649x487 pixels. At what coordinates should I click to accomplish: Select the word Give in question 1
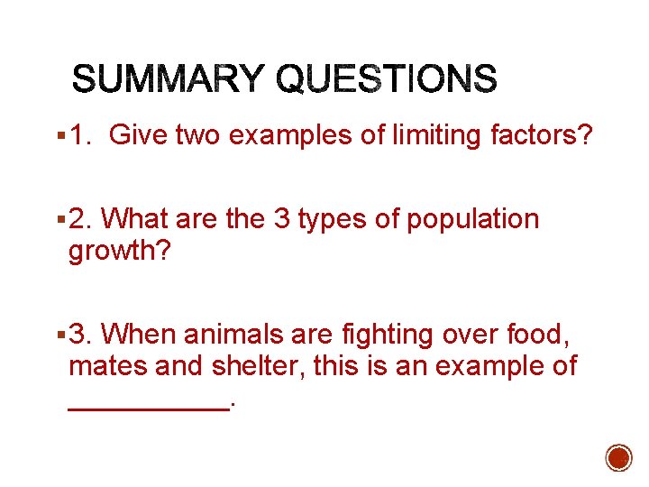138,136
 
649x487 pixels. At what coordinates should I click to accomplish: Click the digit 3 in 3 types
281,219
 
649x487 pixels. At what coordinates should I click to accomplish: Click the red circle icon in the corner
618,458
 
